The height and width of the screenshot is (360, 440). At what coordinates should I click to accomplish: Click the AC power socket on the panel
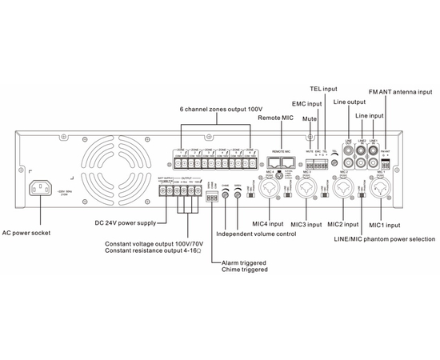pos(45,189)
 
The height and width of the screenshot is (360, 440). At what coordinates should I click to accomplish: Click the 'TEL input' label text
pos(322,88)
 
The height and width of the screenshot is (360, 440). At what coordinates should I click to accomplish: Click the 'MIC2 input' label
pos(341,226)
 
